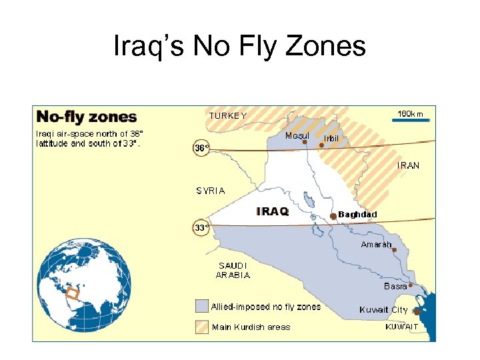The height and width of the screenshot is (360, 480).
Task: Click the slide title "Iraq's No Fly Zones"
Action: click(240, 47)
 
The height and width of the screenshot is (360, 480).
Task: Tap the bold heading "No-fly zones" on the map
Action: click(87, 117)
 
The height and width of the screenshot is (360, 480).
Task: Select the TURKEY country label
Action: click(228, 115)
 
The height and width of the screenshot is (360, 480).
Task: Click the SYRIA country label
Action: click(211, 191)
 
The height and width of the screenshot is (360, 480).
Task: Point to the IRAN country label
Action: click(409, 165)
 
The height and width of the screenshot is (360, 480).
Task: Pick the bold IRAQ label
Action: click(273, 211)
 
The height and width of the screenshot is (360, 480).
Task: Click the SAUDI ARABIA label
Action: click(233, 270)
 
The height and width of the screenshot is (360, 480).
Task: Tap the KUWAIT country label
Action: click(402, 327)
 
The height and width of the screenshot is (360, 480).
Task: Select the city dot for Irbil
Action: click(321, 145)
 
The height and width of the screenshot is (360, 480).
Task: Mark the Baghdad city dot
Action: click(333, 216)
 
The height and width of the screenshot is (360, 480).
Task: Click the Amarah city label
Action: click(376, 245)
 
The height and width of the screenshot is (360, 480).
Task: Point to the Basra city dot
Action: click(411, 285)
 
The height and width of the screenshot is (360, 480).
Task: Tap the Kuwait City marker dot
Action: click(417, 311)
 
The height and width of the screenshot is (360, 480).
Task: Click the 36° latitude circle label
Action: click(201, 148)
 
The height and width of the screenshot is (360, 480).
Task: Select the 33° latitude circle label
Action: click(201, 227)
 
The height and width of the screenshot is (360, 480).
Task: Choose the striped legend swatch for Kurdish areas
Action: click(201, 327)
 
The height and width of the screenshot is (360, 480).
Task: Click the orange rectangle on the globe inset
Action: click(72, 292)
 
